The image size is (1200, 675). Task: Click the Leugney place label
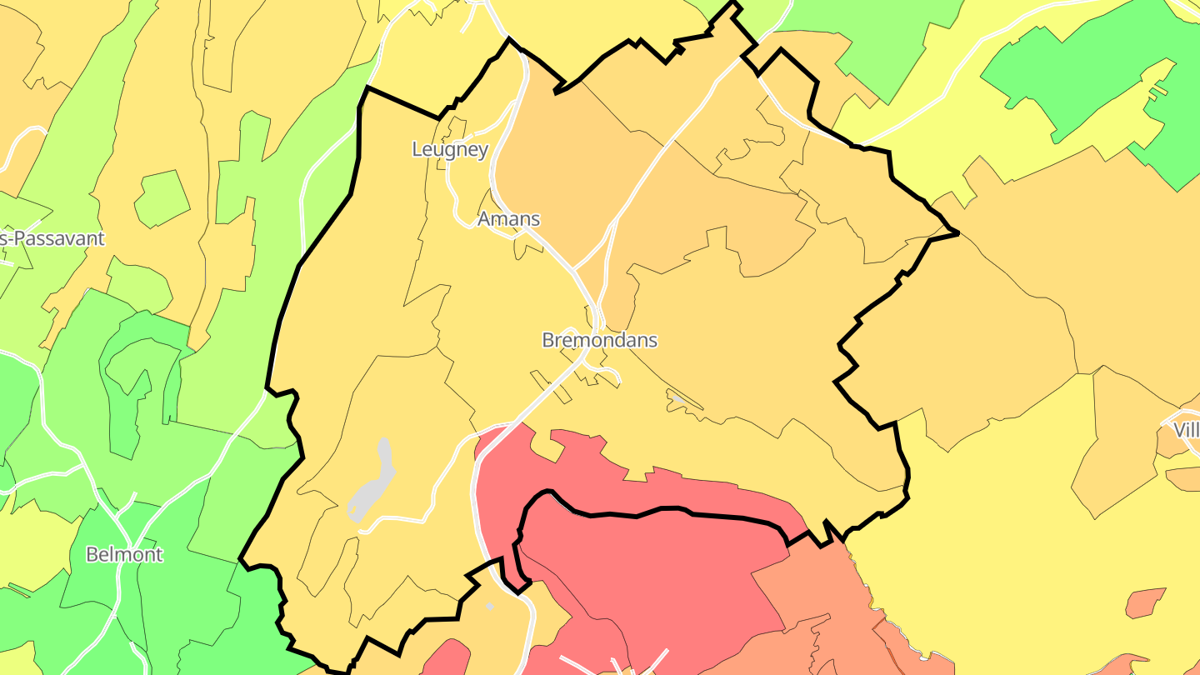[450, 150]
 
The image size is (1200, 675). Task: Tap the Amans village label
[508, 219]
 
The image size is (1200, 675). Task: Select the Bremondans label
[599, 340]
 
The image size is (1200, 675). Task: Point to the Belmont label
[124, 554]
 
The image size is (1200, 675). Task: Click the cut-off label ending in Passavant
[52, 238]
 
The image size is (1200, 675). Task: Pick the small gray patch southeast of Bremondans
[679, 400]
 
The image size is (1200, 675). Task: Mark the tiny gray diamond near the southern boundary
[490, 606]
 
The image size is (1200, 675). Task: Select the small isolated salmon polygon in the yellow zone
[1146, 602]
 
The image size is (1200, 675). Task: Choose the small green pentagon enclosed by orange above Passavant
[162, 198]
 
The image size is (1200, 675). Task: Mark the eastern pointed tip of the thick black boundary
[958, 232]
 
